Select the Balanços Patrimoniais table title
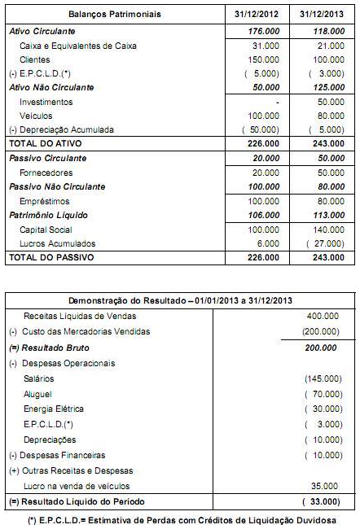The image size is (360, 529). (115, 15)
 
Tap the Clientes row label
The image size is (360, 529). (34, 59)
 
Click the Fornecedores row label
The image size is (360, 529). (46, 173)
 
